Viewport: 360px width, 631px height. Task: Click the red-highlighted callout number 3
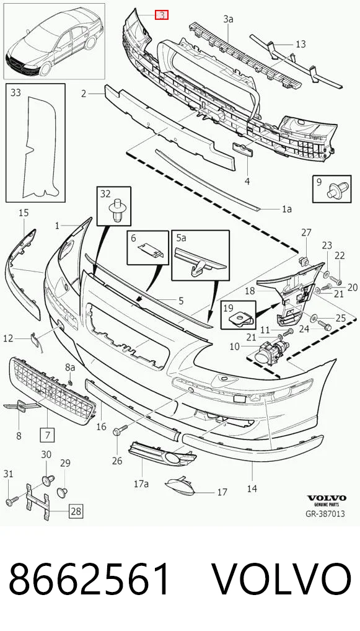(162, 15)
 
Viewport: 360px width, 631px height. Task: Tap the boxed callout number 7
(47, 435)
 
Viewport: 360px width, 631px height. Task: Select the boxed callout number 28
(76, 511)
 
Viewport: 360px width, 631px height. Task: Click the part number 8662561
(89, 580)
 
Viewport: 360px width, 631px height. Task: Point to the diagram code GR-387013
(325, 513)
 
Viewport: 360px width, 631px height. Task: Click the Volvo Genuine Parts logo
(326, 500)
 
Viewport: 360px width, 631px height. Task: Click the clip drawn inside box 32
(116, 211)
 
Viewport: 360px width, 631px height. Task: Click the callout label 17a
(141, 483)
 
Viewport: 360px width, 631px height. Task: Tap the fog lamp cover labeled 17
(180, 486)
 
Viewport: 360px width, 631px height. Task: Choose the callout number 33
(15, 92)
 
